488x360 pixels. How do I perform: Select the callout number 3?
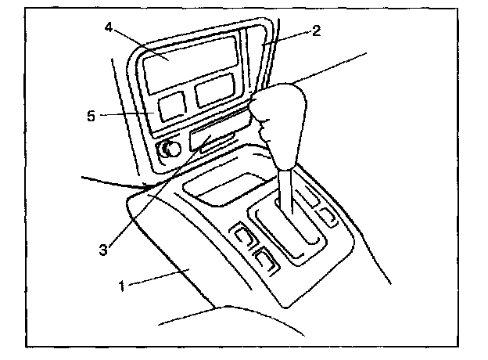coord(102,250)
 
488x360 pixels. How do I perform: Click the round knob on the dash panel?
coord(170,149)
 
